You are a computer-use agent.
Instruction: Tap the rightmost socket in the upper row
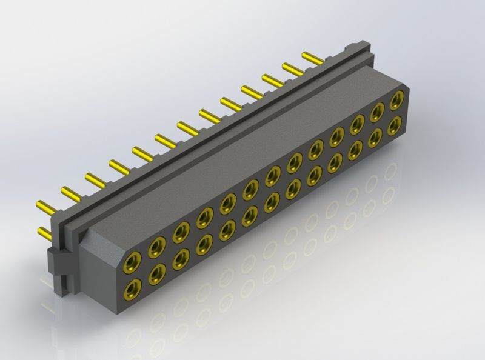pos(397,100)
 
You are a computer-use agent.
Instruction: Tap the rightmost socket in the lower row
pos(395,126)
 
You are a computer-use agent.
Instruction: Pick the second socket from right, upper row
pos(377,112)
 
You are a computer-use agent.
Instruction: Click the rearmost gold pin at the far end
pos(312,58)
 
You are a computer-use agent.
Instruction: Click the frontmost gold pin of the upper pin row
pos(45,204)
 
